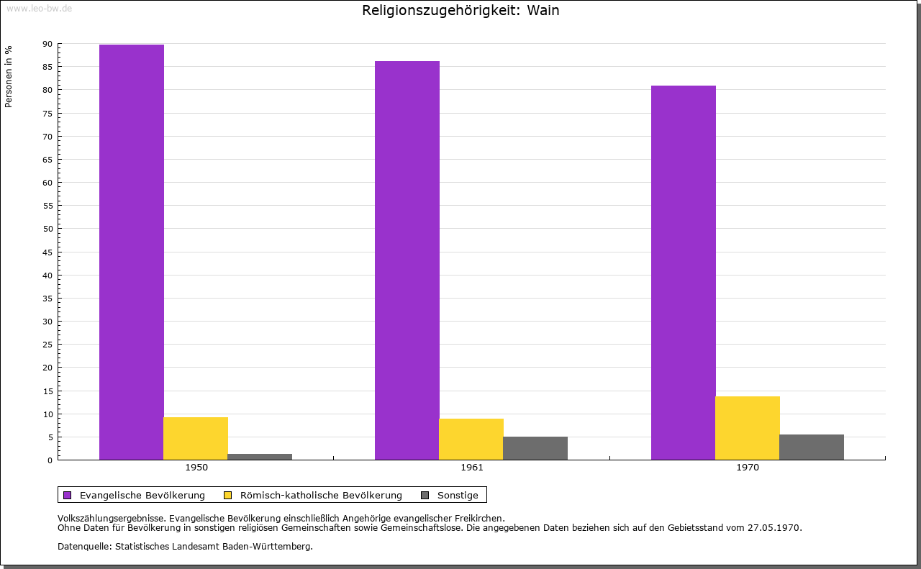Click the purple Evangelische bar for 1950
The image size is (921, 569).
coord(132,252)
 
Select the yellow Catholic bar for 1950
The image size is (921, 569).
coord(196,438)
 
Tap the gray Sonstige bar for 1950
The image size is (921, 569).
coord(260,457)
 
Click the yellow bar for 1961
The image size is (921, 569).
coord(471,439)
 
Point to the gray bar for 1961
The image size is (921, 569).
coord(535,448)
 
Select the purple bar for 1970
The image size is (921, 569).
coord(684,273)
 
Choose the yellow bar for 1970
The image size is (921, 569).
coord(748,428)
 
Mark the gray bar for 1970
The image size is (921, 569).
coord(812,447)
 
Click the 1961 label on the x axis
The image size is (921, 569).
coord(472,468)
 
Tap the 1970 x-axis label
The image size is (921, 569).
coord(748,468)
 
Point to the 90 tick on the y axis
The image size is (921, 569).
coord(47,44)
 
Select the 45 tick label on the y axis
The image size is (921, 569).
coord(47,252)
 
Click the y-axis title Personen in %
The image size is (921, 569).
coord(9,76)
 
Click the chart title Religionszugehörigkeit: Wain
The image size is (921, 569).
coord(460,11)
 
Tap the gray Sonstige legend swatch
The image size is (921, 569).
coord(425,495)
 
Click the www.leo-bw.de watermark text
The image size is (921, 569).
coord(39,7)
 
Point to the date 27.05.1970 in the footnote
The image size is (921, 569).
coord(775,527)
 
